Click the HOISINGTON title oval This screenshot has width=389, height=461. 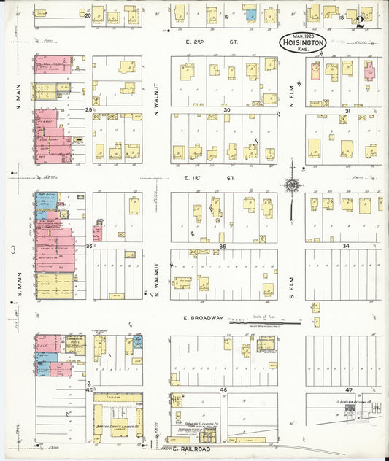click(302, 43)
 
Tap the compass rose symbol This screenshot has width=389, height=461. click(292, 185)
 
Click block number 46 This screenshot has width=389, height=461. click(223, 390)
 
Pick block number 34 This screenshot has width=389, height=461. click(345, 247)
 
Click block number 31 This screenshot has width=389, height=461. click(347, 110)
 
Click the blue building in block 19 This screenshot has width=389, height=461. click(250, 15)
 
